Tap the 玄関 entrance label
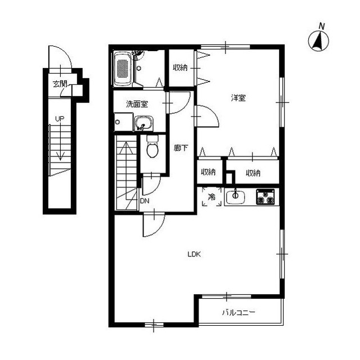click(60, 84)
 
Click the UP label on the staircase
click(58, 119)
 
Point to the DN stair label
click(145, 200)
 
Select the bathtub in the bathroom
click(123, 69)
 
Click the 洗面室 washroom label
click(137, 104)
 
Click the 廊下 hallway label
click(181, 148)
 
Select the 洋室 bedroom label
click(238, 98)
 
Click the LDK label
click(195, 254)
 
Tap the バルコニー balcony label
click(238, 312)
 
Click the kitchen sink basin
click(235, 197)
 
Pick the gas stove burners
click(265, 197)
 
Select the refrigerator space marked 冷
click(211, 197)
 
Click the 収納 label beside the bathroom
click(180, 68)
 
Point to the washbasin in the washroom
click(143, 122)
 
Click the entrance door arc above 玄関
click(59, 58)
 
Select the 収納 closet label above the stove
click(253, 173)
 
